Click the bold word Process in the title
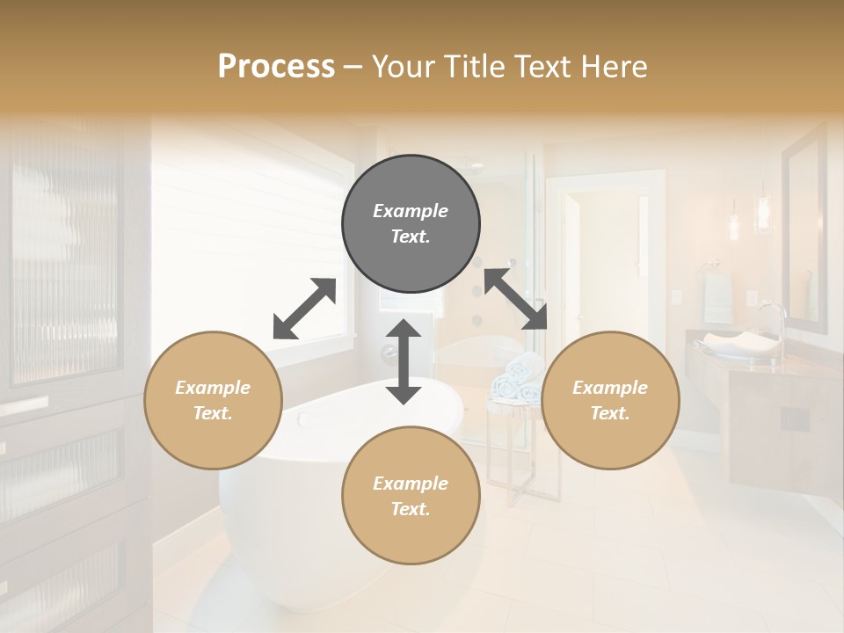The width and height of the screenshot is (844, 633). pos(276,66)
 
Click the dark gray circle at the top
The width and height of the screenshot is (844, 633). pos(411,223)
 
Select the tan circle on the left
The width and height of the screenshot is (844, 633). pos(213,400)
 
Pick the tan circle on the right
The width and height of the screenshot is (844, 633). pos(610,400)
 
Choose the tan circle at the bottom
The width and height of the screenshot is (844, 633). pos(411,495)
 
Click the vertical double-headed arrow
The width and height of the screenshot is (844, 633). pos(404,361)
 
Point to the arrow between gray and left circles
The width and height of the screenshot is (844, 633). pos(304,308)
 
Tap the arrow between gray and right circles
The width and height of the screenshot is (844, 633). pos(515,299)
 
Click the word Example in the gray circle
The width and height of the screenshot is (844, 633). pos(411,211)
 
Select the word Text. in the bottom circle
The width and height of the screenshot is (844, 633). pos(411,509)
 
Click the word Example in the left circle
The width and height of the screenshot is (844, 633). pos(213,388)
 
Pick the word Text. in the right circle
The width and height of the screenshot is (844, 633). pos(610,413)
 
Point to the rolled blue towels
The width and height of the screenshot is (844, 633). pos(517,378)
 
